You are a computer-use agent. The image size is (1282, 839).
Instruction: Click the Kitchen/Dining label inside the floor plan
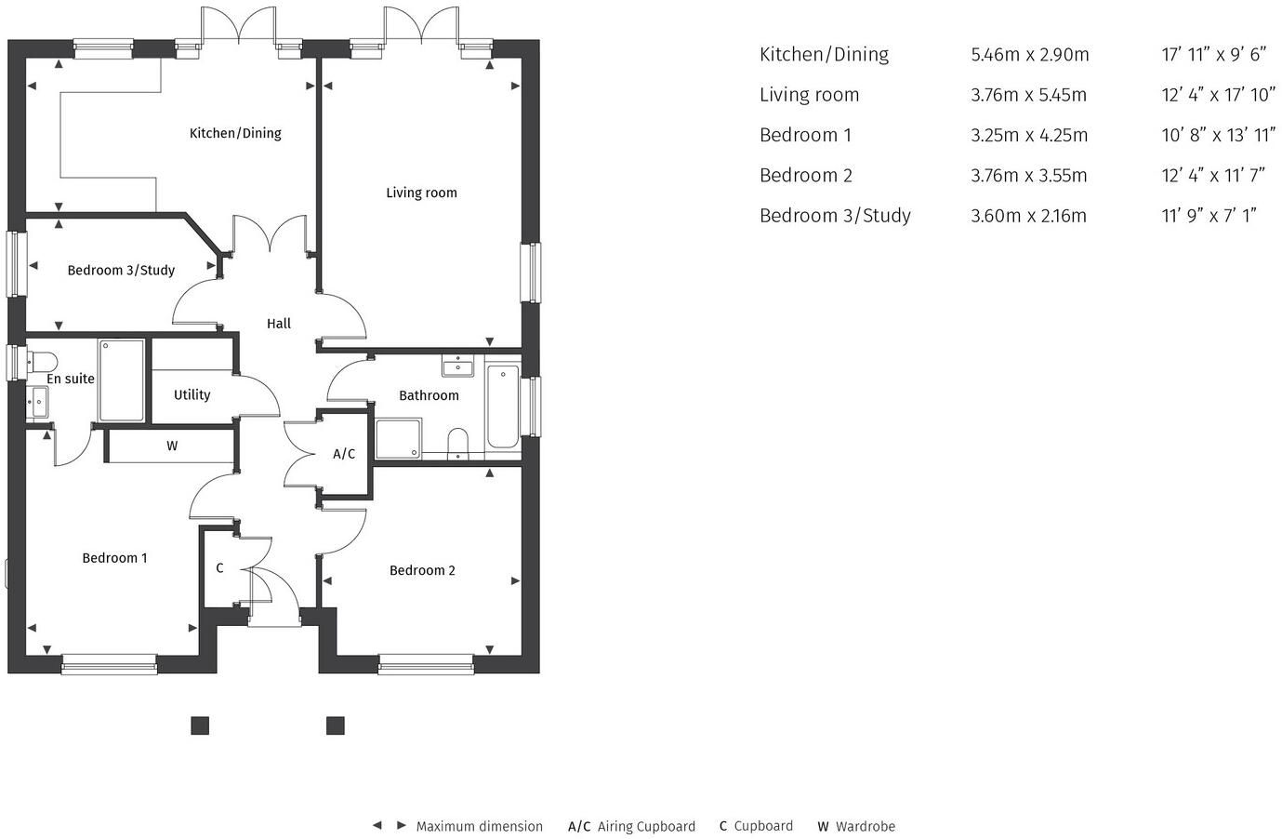click(x=235, y=133)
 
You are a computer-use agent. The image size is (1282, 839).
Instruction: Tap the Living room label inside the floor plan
click(x=421, y=193)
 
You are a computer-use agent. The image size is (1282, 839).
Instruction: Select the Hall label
click(x=279, y=324)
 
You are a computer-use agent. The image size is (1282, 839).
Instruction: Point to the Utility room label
click(x=192, y=394)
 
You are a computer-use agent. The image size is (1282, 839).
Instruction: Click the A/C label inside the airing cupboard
click(x=344, y=454)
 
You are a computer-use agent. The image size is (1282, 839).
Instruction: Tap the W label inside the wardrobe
click(x=172, y=446)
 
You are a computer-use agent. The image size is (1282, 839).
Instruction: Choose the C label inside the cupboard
click(x=219, y=567)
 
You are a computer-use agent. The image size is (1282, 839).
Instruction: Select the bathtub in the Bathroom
click(x=503, y=406)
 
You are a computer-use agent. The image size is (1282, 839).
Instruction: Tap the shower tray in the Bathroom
click(x=399, y=438)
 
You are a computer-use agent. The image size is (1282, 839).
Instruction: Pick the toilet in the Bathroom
click(x=457, y=442)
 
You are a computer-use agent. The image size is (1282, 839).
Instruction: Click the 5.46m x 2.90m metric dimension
click(x=1029, y=54)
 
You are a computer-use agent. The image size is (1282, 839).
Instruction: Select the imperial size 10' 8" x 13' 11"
click(x=1218, y=135)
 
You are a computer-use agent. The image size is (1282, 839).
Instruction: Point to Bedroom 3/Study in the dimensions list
click(x=834, y=216)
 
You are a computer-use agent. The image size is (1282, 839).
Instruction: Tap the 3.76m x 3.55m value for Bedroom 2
click(x=1028, y=175)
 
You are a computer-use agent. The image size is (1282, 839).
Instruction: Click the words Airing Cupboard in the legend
click(x=646, y=826)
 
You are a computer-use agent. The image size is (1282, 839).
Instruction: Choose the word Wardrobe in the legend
click(x=865, y=826)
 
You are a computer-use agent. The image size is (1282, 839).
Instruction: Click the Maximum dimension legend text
click(x=479, y=826)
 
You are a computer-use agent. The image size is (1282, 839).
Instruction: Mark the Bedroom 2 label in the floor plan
click(x=422, y=570)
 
